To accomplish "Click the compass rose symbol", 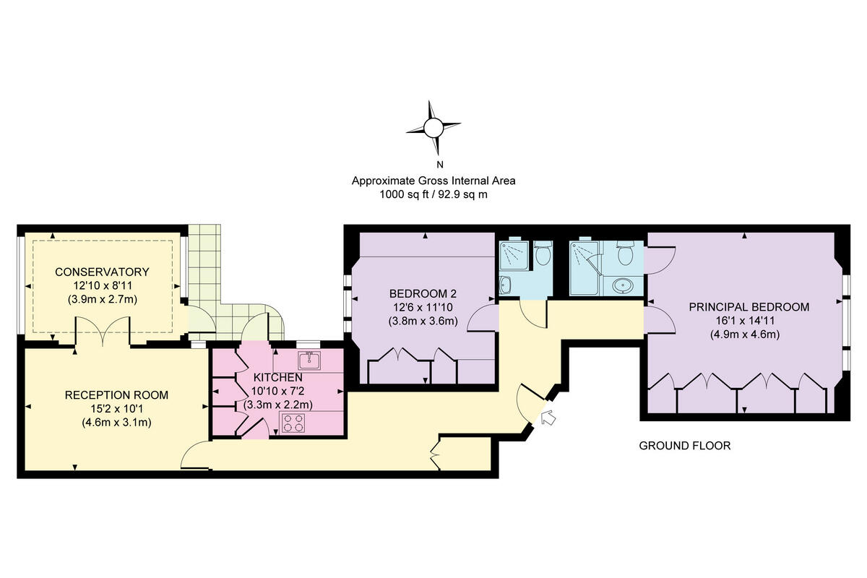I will (x=433, y=129).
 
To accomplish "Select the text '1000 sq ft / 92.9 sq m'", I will (x=433, y=194).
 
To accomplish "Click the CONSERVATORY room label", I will (x=102, y=272).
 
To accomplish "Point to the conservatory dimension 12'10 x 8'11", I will (x=102, y=285).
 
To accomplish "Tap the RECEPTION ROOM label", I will (x=116, y=395).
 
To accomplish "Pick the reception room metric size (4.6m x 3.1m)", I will (x=116, y=423).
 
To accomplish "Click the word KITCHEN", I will (x=277, y=378).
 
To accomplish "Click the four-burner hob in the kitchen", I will (x=293, y=423).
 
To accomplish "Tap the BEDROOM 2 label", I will (x=423, y=293).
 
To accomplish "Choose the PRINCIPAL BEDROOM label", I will (x=749, y=306).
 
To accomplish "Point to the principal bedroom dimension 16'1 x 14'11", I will (x=749, y=320).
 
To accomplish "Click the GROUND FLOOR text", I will (x=684, y=446).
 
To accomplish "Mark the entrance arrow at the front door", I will (x=547, y=417).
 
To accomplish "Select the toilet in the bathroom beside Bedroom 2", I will (x=543, y=254).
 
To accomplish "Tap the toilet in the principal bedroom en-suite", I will (x=625, y=254).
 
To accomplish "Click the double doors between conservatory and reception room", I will (x=102, y=336).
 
